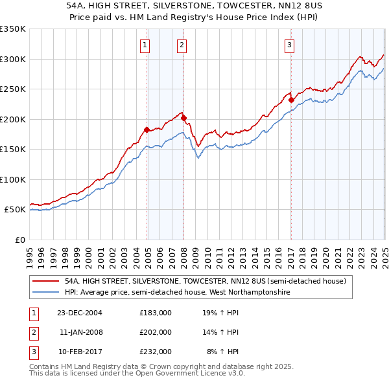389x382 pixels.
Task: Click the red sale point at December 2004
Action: click(x=147, y=129)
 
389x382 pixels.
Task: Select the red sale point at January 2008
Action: click(x=183, y=118)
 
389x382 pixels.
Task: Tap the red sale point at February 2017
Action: click(x=291, y=100)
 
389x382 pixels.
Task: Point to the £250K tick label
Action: click(x=12, y=89)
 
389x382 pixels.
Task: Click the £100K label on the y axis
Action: click(x=12, y=179)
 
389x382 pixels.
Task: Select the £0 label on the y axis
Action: click(x=20, y=240)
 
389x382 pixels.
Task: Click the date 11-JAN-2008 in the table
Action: click(x=80, y=332)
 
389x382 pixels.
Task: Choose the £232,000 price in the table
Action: click(x=156, y=352)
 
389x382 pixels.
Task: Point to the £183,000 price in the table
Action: click(x=156, y=313)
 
